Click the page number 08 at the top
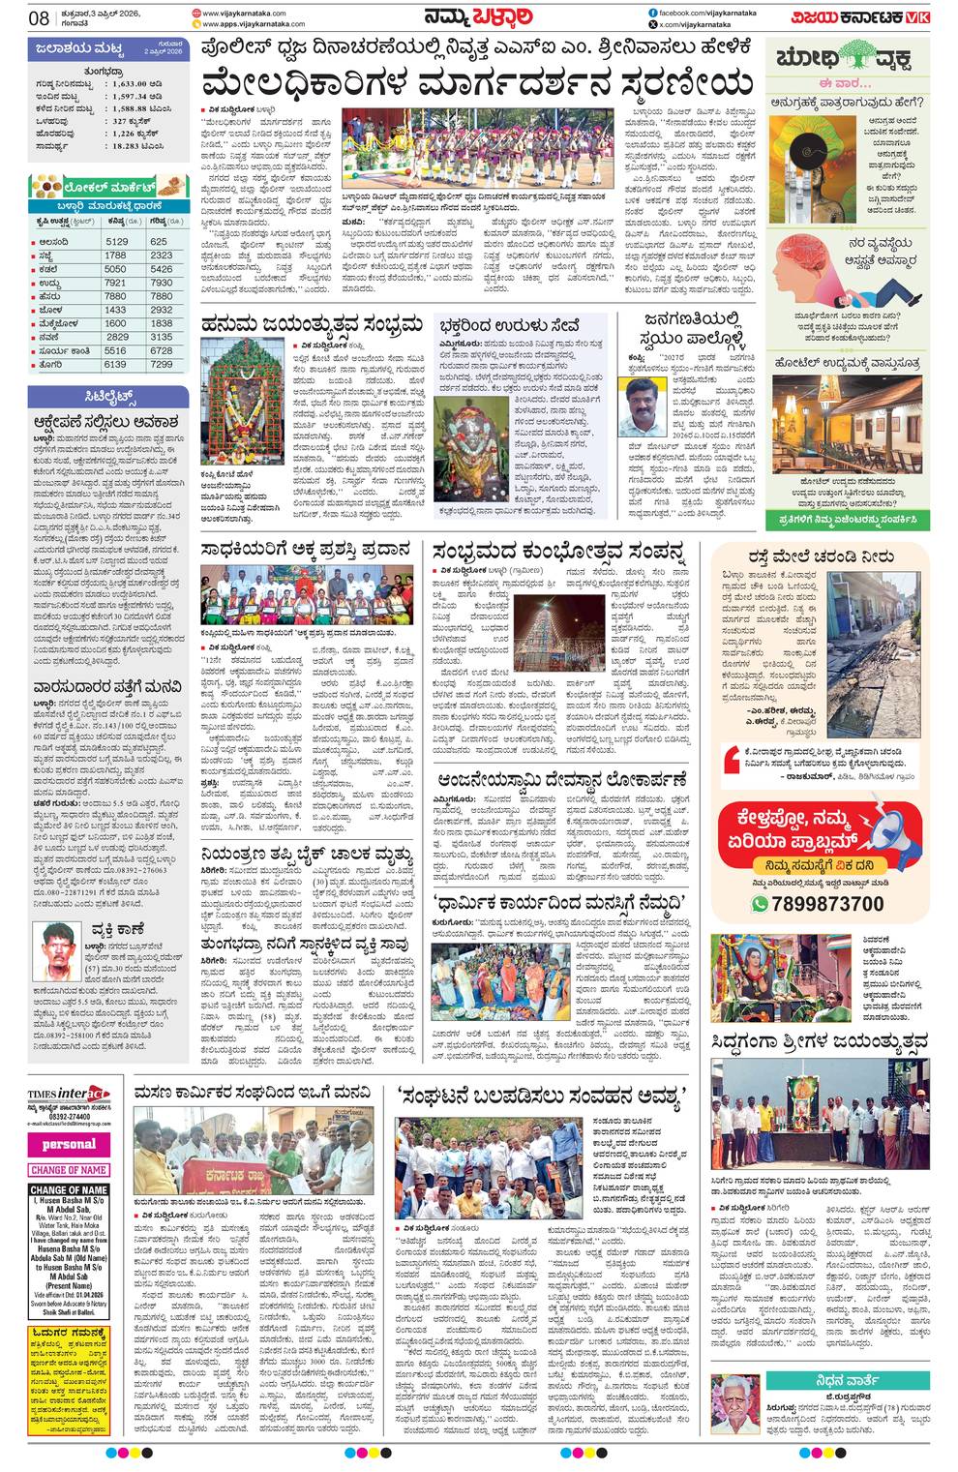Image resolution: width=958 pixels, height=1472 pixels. coord(39,16)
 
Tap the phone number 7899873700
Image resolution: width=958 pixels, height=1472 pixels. coord(829,903)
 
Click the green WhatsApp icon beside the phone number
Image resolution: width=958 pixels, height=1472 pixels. coord(761,904)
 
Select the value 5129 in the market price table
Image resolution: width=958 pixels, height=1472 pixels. coord(117,242)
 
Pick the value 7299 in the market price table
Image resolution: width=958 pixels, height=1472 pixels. coord(162,364)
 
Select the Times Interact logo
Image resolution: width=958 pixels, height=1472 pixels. coord(69,1094)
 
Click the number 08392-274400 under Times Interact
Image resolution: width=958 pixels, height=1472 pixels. coord(69,1116)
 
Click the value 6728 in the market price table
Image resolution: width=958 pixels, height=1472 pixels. coord(162,350)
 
